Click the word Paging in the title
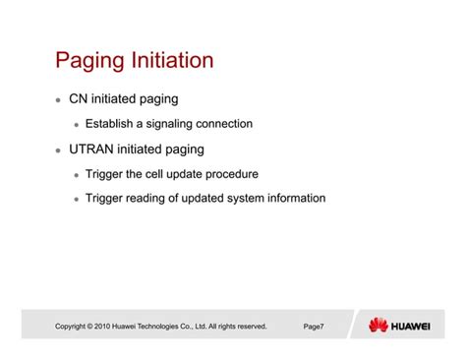91,61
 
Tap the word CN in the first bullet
79,99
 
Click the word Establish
113,124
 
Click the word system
249,199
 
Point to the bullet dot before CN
57,100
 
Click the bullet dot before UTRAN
57,150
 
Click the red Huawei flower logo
379,326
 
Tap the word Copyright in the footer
73,327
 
